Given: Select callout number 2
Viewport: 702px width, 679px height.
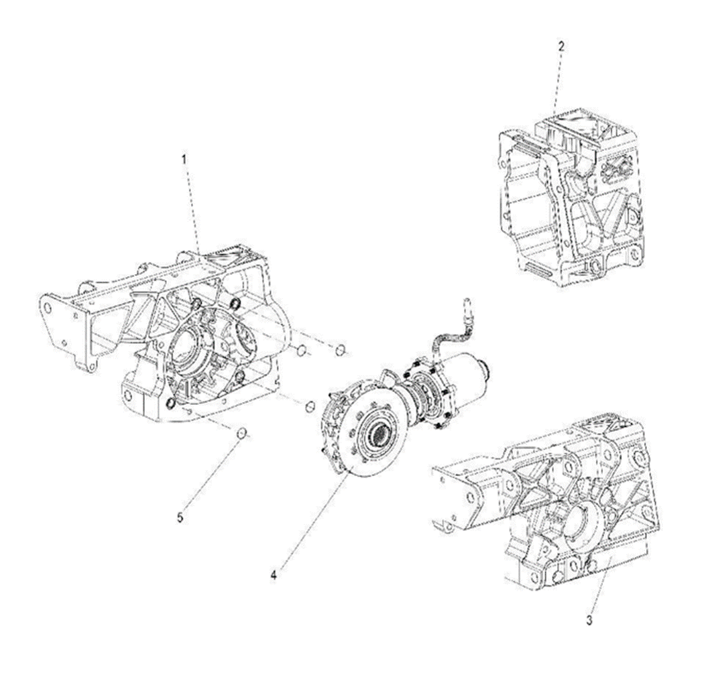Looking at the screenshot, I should click(x=561, y=47).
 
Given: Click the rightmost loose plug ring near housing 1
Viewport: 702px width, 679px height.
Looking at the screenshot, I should click(x=341, y=349).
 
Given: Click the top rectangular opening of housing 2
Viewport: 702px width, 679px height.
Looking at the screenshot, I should click(x=569, y=128).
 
